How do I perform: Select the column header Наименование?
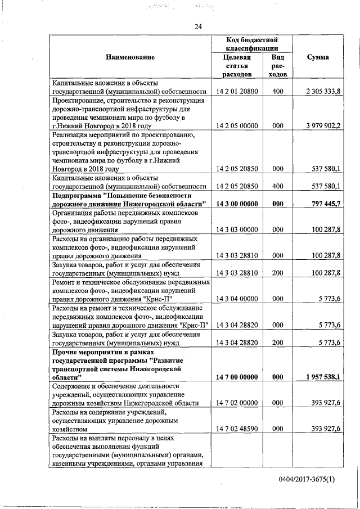[x=129, y=57]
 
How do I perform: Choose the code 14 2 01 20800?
[x=237, y=91]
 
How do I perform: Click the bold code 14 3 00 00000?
[x=237, y=203]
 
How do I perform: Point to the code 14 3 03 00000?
[x=237, y=229]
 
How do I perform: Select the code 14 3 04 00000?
[x=237, y=299]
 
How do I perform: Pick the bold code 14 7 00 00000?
[x=237, y=377]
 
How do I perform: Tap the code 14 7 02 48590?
[x=237, y=429]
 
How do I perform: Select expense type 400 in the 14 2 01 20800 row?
[x=277, y=91]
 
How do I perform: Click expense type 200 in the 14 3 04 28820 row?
[x=277, y=342]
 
